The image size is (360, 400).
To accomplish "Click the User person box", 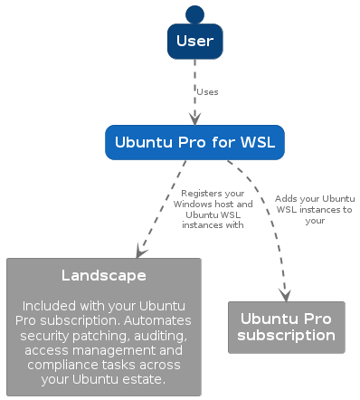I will point(194,42).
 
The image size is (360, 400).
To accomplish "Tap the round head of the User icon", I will point(194,14).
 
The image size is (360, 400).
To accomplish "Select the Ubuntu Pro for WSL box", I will point(194,142).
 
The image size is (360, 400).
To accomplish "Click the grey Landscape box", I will point(103,327).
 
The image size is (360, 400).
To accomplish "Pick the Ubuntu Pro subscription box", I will point(286,327).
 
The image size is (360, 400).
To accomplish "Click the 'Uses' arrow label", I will point(207,91).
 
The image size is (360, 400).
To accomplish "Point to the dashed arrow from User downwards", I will point(194,86).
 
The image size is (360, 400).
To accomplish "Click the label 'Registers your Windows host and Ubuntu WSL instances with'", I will point(213,209).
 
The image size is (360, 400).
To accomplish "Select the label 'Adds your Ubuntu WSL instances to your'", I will point(314,209).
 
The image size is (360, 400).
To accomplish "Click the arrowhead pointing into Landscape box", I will point(140,251).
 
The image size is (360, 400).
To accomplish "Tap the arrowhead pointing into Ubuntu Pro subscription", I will point(286,294).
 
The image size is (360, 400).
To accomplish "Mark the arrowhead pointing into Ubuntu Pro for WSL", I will point(194,118).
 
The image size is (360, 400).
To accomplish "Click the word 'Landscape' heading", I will point(103,275).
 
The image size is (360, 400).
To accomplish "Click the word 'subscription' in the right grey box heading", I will point(286,335).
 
